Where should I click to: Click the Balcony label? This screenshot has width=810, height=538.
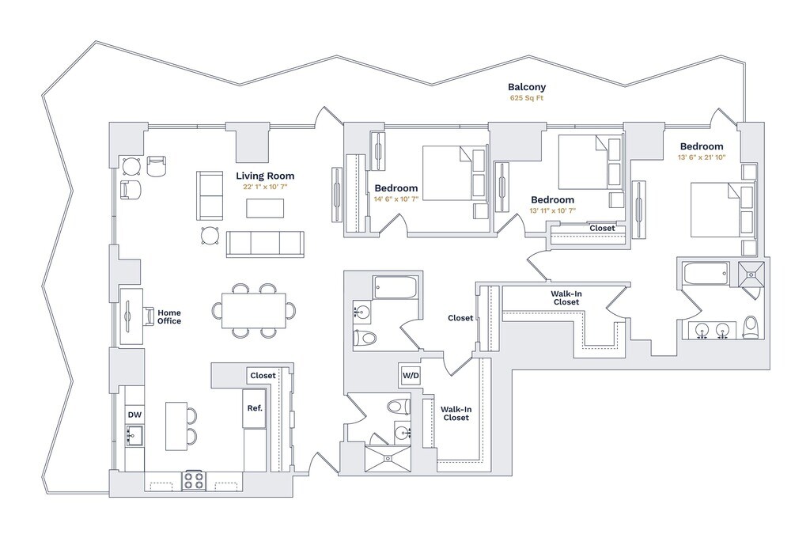526,87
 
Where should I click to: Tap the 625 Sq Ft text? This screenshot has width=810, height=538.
526,98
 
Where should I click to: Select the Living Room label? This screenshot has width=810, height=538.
265,176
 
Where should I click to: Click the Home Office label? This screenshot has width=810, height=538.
169,316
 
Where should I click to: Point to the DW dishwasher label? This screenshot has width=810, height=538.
134,415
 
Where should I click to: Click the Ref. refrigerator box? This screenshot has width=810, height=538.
255,408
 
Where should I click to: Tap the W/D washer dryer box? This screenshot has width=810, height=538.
411,376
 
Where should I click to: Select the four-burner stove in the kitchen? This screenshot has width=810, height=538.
195,480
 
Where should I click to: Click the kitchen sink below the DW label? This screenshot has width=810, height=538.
134,435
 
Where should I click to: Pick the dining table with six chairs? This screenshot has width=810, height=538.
254,311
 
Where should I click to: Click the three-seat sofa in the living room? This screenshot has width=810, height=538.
265,244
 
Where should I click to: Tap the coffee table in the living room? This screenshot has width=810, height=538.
265,208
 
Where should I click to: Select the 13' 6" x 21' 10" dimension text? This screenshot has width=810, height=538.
702,157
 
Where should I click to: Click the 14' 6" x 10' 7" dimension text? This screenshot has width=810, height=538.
396,199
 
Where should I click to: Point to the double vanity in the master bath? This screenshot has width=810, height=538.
711,330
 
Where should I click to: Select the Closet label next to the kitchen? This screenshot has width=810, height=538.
263,376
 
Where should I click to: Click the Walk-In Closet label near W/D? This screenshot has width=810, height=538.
456,414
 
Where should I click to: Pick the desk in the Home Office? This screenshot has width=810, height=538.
131,316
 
